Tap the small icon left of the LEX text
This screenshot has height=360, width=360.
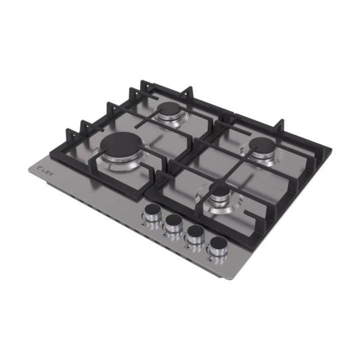(39, 168)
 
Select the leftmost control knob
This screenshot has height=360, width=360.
(152, 212)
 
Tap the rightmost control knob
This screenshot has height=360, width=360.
(218, 245)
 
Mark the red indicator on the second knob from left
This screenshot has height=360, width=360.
(177, 216)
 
